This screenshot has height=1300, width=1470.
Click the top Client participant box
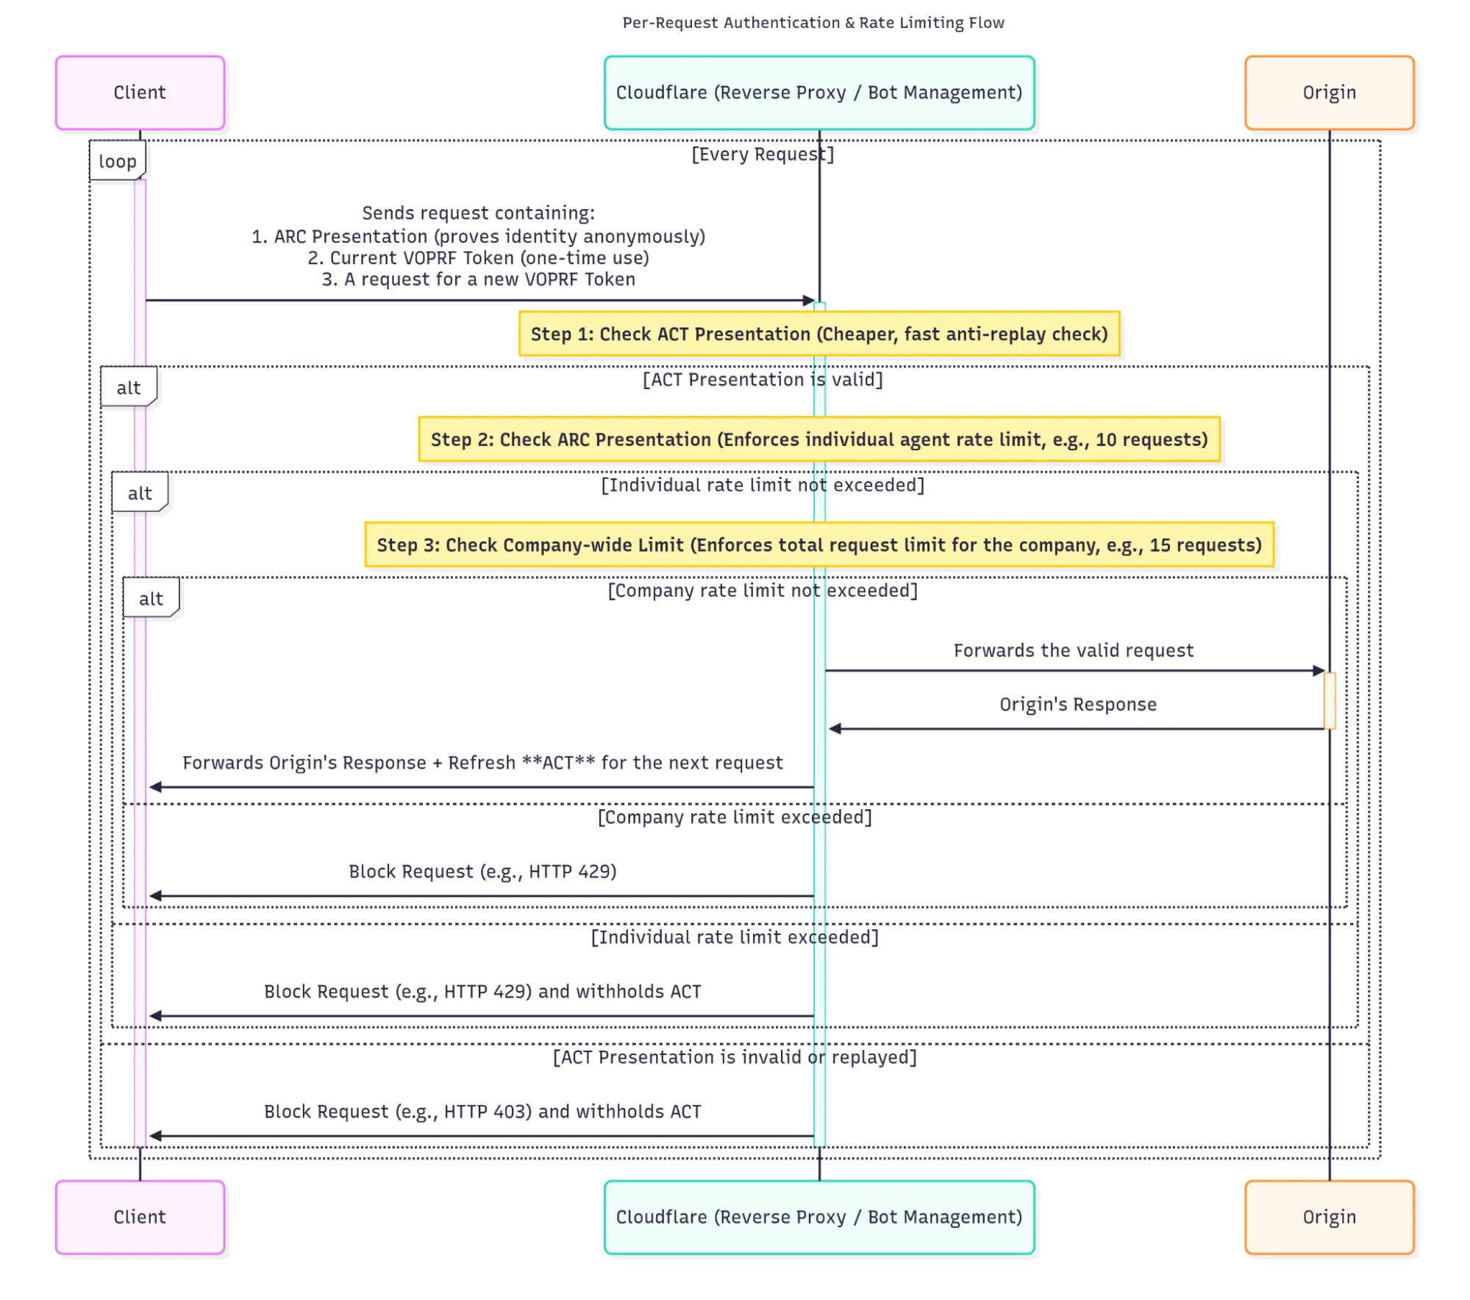click(x=140, y=93)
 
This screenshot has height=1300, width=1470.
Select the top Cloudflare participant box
click(x=818, y=93)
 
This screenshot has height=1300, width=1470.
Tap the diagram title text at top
click(x=813, y=23)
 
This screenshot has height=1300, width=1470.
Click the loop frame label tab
click(x=118, y=161)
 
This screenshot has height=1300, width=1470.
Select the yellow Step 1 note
click(x=818, y=334)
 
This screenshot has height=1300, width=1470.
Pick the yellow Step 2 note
click(x=818, y=439)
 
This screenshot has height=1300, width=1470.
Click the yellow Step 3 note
click(x=818, y=544)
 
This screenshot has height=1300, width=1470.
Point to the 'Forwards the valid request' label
click(x=1073, y=650)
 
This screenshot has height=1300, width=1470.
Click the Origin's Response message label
click(x=1077, y=704)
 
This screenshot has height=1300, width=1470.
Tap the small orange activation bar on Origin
click(x=1329, y=700)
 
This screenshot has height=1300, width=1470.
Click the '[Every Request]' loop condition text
click(x=762, y=154)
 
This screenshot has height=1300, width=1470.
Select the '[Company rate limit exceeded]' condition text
click(x=734, y=817)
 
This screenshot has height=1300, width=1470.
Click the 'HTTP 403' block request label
click(x=482, y=1111)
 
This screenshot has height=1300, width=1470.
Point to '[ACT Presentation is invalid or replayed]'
click(x=734, y=1056)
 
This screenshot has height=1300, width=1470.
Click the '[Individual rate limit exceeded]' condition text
click(x=734, y=937)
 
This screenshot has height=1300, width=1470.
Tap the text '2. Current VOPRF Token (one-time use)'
click(x=478, y=258)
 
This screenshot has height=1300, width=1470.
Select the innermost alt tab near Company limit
click(x=151, y=598)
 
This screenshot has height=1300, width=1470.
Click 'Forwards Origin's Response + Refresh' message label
click(x=482, y=762)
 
